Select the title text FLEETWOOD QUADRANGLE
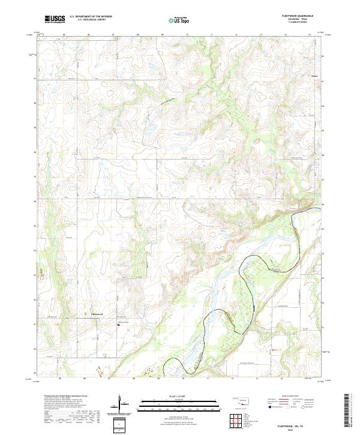pos(302,16)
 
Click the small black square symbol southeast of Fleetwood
pos(118,325)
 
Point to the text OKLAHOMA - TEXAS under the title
pos(302,19)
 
